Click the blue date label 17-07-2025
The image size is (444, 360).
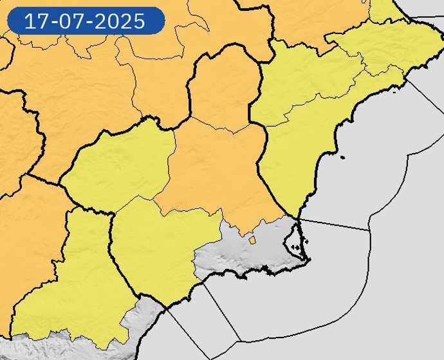click(x=86, y=21)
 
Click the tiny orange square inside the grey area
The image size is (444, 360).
click(x=252, y=240)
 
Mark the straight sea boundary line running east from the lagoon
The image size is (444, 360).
click(x=335, y=224)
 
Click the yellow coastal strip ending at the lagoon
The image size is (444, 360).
click(x=290, y=174)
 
